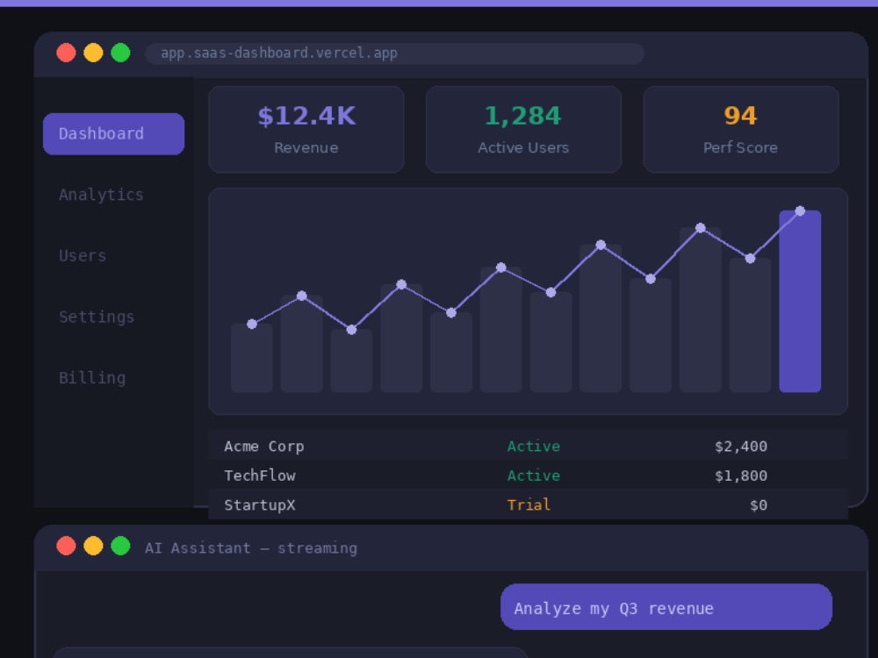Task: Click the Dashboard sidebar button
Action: point(113,133)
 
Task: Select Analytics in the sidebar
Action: point(101,195)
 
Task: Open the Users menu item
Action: point(83,255)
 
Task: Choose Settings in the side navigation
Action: point(97,317)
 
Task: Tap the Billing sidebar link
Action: point(92,377)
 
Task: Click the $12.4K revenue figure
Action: point(306,116)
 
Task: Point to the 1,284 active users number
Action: point(523,116)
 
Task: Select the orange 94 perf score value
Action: point(740,116)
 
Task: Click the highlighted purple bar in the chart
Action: point(800,301)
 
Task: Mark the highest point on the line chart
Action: point(800,211)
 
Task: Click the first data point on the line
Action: point(252,324)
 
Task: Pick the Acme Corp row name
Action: point(263,447)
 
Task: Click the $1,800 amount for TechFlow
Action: point(741,476)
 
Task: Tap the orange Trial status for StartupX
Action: point(529,505)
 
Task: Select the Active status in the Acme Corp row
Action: point(534,447)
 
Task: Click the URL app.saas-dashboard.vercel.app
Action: point(279,54)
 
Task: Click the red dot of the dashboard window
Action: point(66,53)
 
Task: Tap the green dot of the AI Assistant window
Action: point(120,546)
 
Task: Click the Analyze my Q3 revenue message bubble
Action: point(666,607)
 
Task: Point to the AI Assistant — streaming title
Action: point(251,548)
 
